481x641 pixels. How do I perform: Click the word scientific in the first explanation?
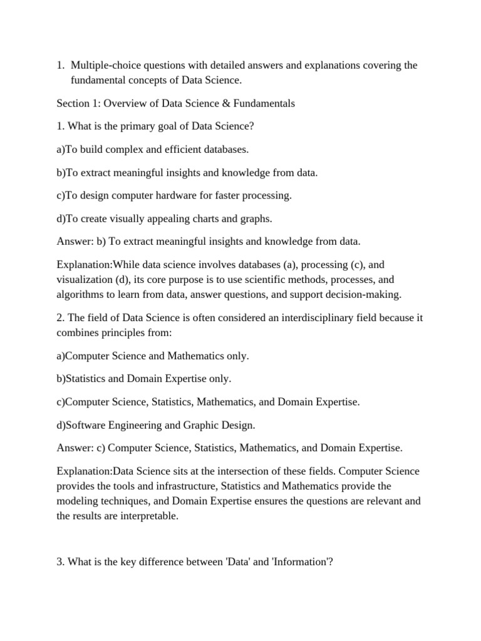tap(271, 279)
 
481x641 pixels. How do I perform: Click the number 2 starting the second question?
tap(59, 318)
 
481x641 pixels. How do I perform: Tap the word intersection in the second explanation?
tap(240, 471)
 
